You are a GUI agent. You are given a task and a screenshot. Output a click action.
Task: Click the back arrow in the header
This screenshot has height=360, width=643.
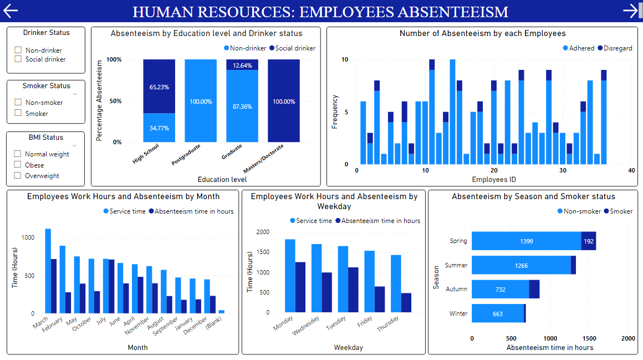(x=11, y=11)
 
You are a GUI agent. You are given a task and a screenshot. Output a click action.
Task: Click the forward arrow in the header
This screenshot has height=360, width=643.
(x=631, y=11)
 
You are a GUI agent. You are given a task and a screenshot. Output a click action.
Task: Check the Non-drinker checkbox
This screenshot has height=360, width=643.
(x=18, y=50)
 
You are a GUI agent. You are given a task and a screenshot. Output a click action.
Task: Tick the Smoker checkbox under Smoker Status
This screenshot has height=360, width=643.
(x=18, y=113)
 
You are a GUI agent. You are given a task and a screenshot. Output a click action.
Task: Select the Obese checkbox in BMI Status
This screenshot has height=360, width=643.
(x=18, y=165)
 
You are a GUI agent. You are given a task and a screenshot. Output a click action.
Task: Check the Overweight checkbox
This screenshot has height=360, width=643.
(x=18, y=176)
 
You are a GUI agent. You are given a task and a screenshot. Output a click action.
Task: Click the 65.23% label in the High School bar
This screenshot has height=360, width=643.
(x=159, y=87)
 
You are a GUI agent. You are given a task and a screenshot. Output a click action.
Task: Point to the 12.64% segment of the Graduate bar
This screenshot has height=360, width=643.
(x=242, y=65)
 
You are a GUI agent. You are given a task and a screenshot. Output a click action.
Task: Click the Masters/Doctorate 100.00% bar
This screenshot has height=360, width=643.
(x=283, y=101)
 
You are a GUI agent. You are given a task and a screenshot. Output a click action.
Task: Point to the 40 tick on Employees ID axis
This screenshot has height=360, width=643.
(x=631, y=170)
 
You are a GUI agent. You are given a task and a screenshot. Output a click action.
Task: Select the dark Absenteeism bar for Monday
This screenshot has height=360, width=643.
(x=300, y=287)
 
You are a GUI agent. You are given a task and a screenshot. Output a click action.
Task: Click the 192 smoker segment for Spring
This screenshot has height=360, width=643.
(x=589, y=241)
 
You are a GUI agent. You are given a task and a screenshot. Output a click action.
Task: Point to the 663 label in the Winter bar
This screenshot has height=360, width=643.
(x=497, y=314)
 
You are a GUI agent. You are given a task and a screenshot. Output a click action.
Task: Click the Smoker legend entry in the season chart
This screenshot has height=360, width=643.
(x=618, y=211)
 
